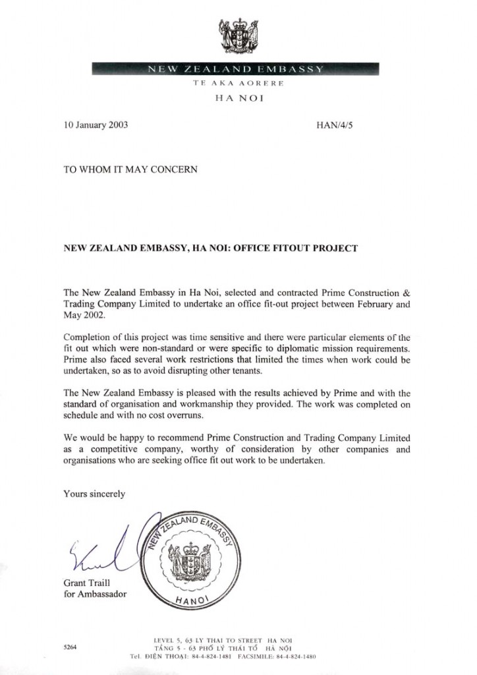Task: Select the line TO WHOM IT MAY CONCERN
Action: (x=130, y=169)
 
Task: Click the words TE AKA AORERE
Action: (x=238, y=84)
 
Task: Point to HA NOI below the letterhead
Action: (x=238, y=99)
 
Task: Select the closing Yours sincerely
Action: (x=94, y=494)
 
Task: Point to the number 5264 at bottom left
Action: (x=70, y=648)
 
